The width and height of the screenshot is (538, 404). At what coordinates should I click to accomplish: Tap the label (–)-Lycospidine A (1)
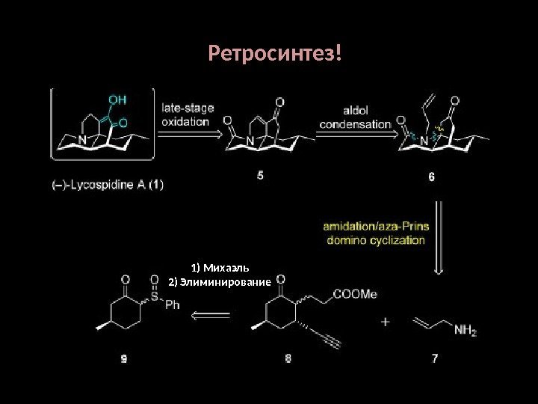click(102, 187)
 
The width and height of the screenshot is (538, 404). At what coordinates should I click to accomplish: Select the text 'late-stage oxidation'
click(188, 114)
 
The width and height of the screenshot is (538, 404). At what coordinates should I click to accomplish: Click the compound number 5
click(261, 176)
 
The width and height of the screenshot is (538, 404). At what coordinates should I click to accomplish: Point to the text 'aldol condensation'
click(356, 117)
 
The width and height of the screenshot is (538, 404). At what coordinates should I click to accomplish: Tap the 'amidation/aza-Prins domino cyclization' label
click(374, 233)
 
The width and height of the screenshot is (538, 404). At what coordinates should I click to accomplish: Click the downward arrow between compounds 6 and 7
click(440, 239)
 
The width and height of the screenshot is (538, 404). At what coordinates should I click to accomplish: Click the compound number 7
click(434, 359)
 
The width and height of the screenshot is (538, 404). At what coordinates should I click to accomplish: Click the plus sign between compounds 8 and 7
click(386, 322)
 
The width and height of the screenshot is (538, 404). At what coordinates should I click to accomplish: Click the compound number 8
click(289, 359)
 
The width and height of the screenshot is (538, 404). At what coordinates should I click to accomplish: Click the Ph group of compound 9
click(173, 305)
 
